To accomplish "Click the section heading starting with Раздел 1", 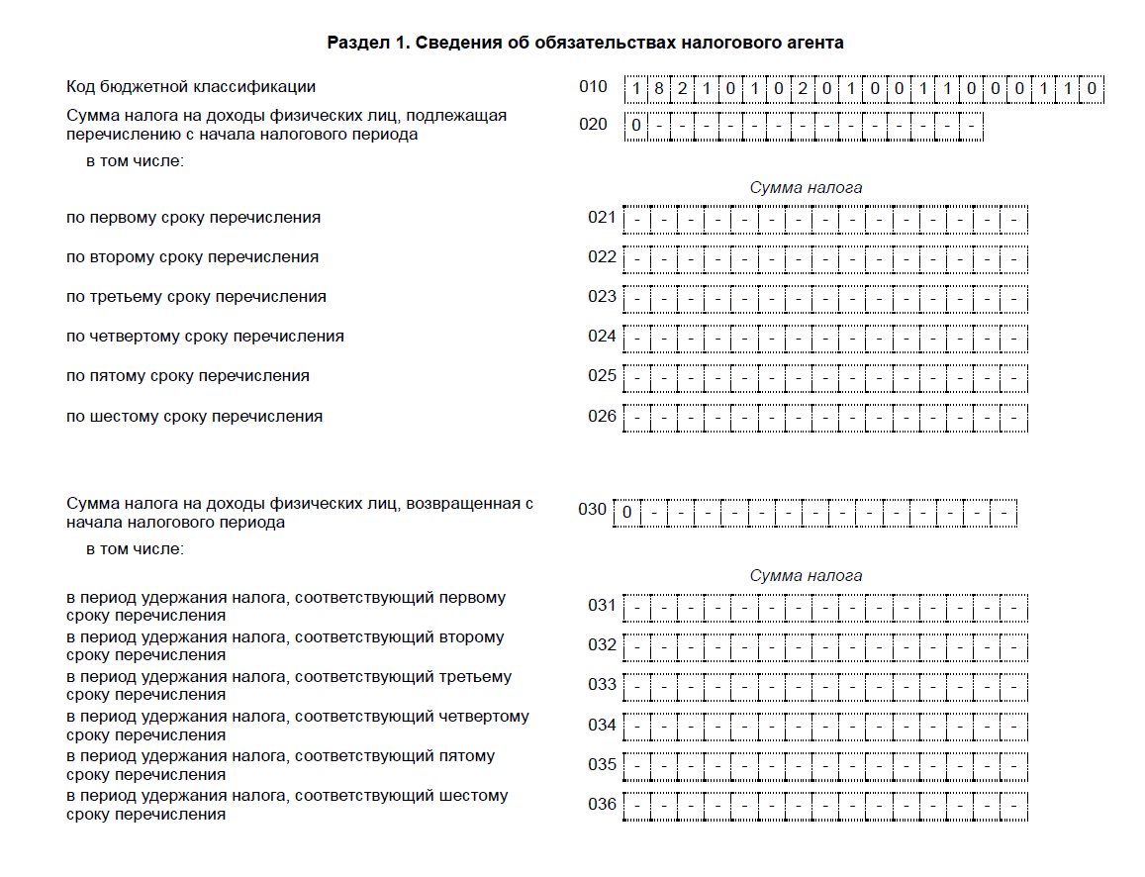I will click(585, 43).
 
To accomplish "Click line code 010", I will click(593, 87).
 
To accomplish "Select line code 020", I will click(593, 125).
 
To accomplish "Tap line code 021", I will click(602, 218).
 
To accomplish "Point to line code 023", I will click(602, 297).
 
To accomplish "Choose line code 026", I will click(602, 416).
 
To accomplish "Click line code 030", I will click(592, 511).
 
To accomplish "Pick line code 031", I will click(602, 606).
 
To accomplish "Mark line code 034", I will click(602, 725).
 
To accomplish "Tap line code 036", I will click(602, 804).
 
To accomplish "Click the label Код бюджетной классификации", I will click(191, 87).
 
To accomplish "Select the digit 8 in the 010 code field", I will click(659, 89).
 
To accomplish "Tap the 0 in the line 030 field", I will click(627, 513).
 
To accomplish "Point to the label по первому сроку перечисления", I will click(193, 218).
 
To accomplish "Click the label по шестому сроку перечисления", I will click(194, 417).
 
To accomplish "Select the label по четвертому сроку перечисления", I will click(205, 337).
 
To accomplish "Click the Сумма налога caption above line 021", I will click(806, 187).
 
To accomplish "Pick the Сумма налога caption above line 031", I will click(806, 575).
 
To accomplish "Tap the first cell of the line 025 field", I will click(637, 378).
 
